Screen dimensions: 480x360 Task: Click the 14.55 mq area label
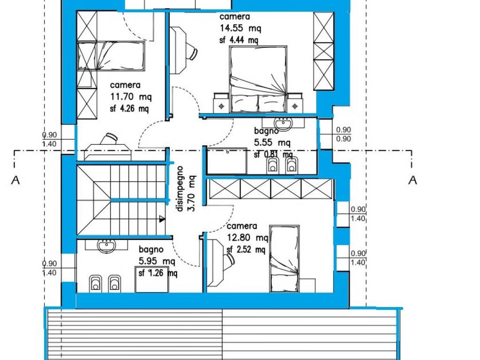[240, 28]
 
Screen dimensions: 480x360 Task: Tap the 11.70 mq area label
[131, 97]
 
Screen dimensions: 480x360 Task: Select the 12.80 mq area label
[247, 238]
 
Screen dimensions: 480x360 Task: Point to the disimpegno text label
[180, 189]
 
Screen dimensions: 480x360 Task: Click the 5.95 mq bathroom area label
[157, 261]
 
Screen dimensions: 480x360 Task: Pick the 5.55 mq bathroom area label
[272, 142]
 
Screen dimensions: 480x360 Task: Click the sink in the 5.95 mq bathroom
[106, 245]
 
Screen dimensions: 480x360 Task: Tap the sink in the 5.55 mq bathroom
[284, 123]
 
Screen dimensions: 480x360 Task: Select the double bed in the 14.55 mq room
[258, 79]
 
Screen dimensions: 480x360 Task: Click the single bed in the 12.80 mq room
[284, 259]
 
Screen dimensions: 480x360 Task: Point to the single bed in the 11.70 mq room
[111, 56]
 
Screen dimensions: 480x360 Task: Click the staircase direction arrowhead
[162, 219]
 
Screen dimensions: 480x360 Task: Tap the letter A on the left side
[15, 180]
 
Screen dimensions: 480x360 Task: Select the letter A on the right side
[412, 180]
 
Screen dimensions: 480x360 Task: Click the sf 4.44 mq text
[239, 40]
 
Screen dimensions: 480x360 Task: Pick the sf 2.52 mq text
[246, 250]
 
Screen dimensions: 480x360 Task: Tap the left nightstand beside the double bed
[221, 103]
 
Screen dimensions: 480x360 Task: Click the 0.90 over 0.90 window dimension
[344, 134]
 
